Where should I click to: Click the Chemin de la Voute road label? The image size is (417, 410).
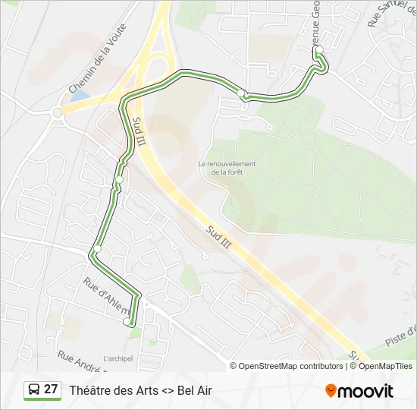pos(98,58)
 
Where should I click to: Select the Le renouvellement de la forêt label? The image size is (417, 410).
pos(227,168)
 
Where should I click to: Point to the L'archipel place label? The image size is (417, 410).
pos(118,359)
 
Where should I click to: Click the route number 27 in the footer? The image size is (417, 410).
pos(51,389)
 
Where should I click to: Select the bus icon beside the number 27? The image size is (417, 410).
pos(34,390)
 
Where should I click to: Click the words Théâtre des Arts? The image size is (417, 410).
pos(113,390)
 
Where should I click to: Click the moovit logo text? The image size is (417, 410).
pos(366,391)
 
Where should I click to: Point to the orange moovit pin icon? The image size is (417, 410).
pos(331,391)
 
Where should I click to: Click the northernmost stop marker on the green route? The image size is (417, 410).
pos(319,50)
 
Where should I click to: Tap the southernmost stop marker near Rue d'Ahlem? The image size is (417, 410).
pos(126,321)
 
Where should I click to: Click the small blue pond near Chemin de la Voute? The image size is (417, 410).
pos(80,96)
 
